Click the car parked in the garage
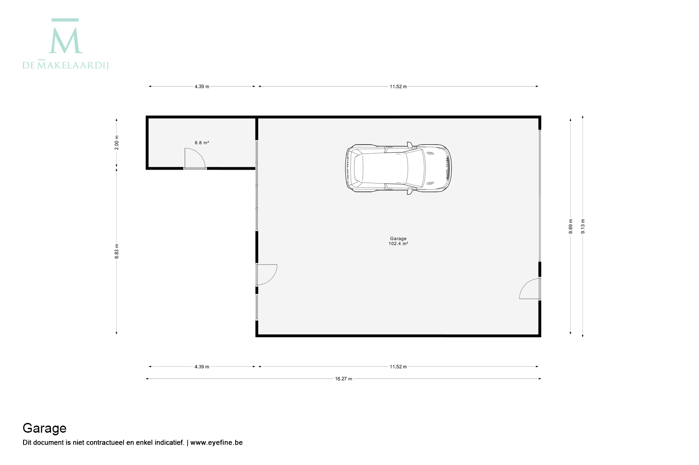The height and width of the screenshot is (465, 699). pyautogui.click(x=398, y=168)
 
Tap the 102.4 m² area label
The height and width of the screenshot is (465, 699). pyautogui.click(x=398, y=244)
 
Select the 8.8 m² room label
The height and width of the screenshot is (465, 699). pyautogui.click(x=202, y=143)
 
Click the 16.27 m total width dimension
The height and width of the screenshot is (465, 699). pyautogui.click(x=344, y=379)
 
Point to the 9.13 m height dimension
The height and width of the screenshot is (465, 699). pyautogui.click(x=582, y=226)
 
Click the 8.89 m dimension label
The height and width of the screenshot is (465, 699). pyautogui.click(x=571, y=226)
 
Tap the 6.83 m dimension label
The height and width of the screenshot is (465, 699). pyautogui.click(x=116, y=251)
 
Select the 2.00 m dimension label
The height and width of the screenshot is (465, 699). pyautogui.click(x=116, y=143)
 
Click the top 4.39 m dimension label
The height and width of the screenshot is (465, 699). pyautogui.click(x=202, y=86)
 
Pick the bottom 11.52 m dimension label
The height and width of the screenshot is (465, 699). pyautogui.click(x=398, y=367)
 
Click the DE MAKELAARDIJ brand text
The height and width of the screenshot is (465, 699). pyautogui.click(x=66, y=65)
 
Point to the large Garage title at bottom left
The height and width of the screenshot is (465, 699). pyautogui.click(x=44, y=428)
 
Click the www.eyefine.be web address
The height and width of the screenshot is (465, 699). pyautogui.click(x=216, y=442)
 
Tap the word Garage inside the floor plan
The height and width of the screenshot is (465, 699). pyautogui.click(x=398, y=239)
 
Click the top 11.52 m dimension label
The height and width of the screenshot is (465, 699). pyautogui.click(x=398, y=86)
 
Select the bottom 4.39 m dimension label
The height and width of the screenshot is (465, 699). pyautogui.click(x=202, y=367)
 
